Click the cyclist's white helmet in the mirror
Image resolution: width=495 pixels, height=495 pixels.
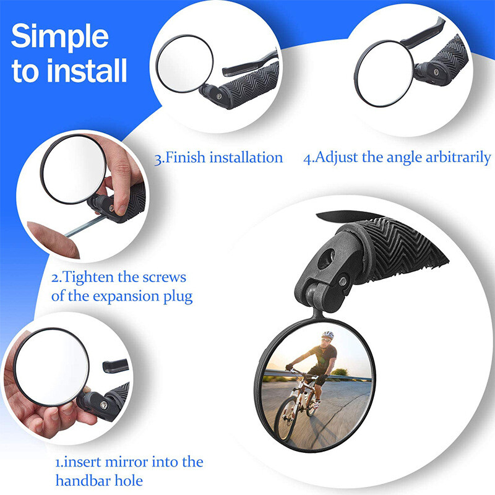point(327,335)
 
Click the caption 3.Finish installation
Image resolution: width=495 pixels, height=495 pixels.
point(218,157)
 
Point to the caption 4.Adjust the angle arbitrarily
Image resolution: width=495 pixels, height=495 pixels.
point(397,157)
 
